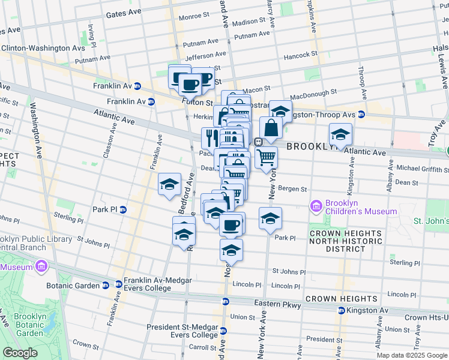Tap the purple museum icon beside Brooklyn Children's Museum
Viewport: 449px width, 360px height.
point(316,207)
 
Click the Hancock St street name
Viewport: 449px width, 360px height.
point(301,55)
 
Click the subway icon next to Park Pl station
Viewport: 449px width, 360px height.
point(122,209)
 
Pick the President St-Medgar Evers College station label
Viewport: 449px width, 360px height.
point(182,331)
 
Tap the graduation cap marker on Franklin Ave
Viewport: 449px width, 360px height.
point(169,183)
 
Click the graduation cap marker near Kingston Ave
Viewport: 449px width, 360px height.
point(340,134)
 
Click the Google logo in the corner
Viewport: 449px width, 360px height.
point(20,353)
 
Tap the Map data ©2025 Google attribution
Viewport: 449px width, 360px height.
point(411,355)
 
